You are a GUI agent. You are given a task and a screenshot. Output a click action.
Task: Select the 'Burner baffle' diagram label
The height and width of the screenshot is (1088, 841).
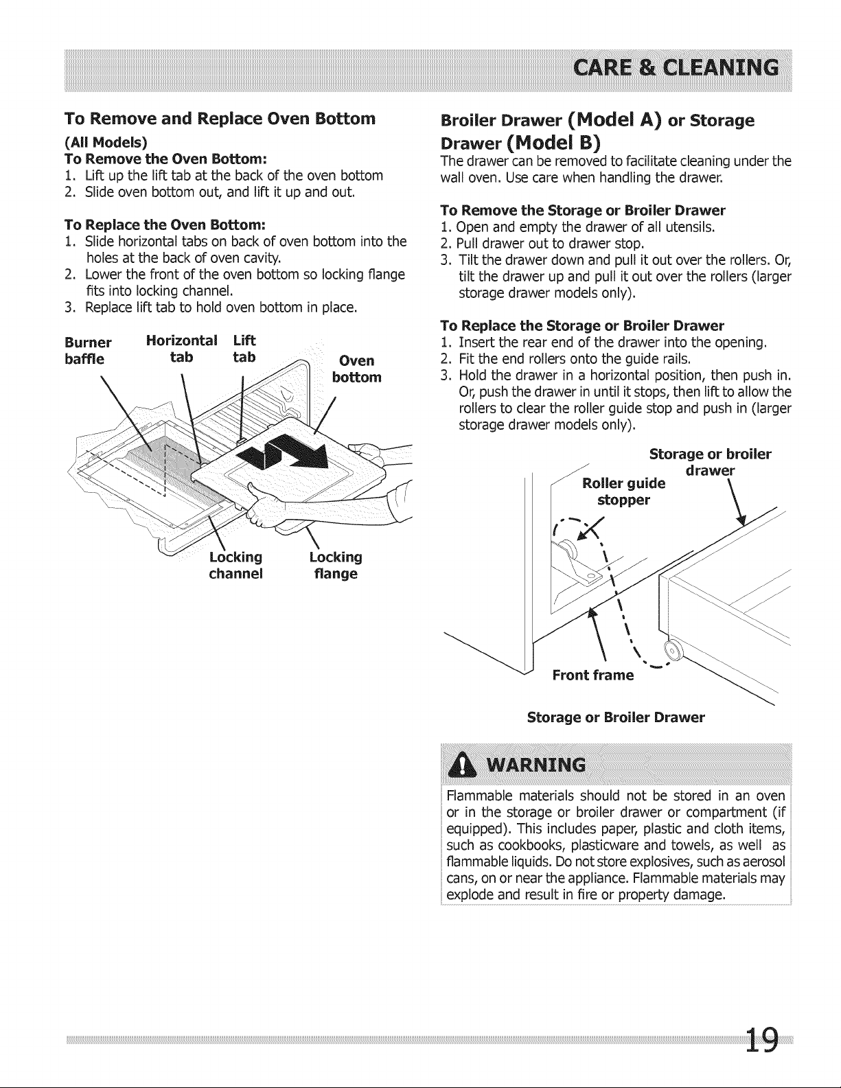click(x=88, y=351)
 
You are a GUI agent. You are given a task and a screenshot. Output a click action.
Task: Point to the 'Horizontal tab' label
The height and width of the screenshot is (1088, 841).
click(x=182, y=349)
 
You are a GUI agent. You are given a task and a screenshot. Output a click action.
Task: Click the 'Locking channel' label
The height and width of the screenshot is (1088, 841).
click(x=235, y=565)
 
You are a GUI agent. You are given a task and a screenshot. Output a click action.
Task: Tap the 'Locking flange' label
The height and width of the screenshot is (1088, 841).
click(x=336, y=565)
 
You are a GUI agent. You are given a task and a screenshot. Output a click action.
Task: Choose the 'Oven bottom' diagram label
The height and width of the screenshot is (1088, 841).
click(x=357, y=369)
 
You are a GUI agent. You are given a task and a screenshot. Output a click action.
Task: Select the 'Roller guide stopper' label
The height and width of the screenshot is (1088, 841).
click(x=624, y=491)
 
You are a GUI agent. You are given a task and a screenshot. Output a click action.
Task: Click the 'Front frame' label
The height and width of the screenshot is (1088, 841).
click(x=592, y=675)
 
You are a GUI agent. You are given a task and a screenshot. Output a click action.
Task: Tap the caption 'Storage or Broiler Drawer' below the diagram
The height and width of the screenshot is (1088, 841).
click(x=616, y=717)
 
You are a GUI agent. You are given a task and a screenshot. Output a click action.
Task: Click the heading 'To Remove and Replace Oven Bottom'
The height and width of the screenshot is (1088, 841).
click(x=220, y=119)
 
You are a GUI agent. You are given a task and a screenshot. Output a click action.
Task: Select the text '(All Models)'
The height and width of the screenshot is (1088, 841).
click(x=106, y=143)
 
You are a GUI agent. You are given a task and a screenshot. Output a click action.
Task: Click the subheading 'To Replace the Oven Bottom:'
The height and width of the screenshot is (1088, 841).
click(x=165, y=223)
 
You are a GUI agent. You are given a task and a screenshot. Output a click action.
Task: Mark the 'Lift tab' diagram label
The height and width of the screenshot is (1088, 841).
click(x=244, y=349)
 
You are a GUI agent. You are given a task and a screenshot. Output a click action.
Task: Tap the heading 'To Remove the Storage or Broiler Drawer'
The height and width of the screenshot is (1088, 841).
click(x=583, y=209)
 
